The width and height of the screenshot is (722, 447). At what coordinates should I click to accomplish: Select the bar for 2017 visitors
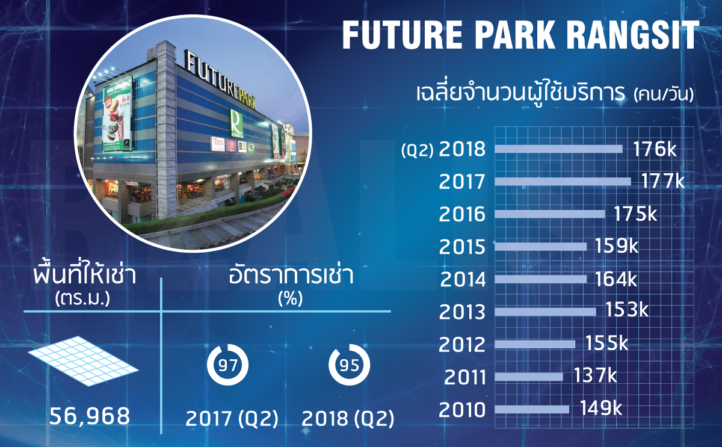[563, 182]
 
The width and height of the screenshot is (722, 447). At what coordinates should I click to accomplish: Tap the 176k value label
[655, 149]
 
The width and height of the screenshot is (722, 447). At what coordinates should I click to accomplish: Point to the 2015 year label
[462, 247]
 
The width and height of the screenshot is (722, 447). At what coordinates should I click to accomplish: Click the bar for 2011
[529, 377]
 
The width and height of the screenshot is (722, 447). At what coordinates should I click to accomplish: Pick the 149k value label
[601, 408]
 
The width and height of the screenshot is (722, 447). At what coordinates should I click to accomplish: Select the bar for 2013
[545, 312]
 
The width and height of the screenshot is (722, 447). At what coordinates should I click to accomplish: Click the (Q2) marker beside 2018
[418, 150]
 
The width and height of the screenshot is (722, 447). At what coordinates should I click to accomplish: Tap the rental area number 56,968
[90, 416]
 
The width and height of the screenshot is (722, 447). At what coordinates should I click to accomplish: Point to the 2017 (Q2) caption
[232, 419]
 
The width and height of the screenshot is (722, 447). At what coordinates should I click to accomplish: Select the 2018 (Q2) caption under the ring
[348, 419]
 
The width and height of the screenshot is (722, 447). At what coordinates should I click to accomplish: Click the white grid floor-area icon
[84, 361]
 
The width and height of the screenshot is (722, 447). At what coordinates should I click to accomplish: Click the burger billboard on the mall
[117, 114]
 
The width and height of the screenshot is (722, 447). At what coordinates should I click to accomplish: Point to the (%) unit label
[291, 298]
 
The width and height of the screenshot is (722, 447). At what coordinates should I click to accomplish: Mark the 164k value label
[616, 279]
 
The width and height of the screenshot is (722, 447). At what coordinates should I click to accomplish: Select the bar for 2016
[550, 214]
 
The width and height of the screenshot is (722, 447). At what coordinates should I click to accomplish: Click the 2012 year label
[462, 345]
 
